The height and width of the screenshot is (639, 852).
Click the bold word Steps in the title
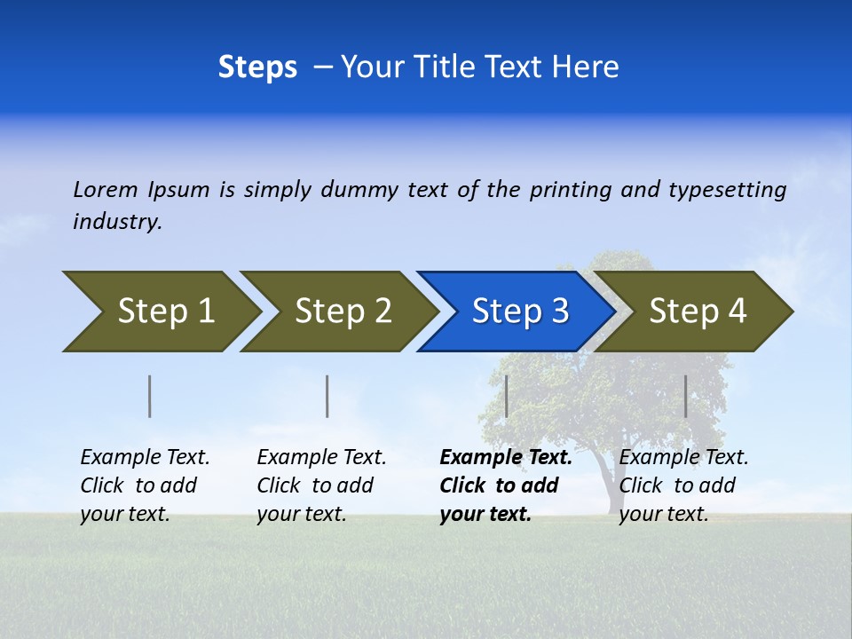[257, 67]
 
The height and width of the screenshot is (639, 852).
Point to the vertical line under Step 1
[150, 396]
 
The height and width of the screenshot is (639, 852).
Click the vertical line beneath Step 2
[327, 396]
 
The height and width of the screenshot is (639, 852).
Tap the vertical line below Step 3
[506, 396]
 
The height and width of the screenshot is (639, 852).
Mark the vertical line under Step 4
[686, 396]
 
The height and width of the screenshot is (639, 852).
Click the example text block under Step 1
[145, 485]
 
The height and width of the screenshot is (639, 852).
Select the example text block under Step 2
[321, 485]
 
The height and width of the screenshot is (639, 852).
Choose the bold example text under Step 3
[505, 485]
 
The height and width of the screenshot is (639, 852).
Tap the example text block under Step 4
[683, 485]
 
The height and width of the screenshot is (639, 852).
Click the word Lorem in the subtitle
[106, 190]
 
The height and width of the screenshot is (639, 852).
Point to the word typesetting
[727, 190]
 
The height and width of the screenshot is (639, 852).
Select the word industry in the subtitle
[117, 222]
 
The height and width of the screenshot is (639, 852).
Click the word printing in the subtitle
[571, 190]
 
